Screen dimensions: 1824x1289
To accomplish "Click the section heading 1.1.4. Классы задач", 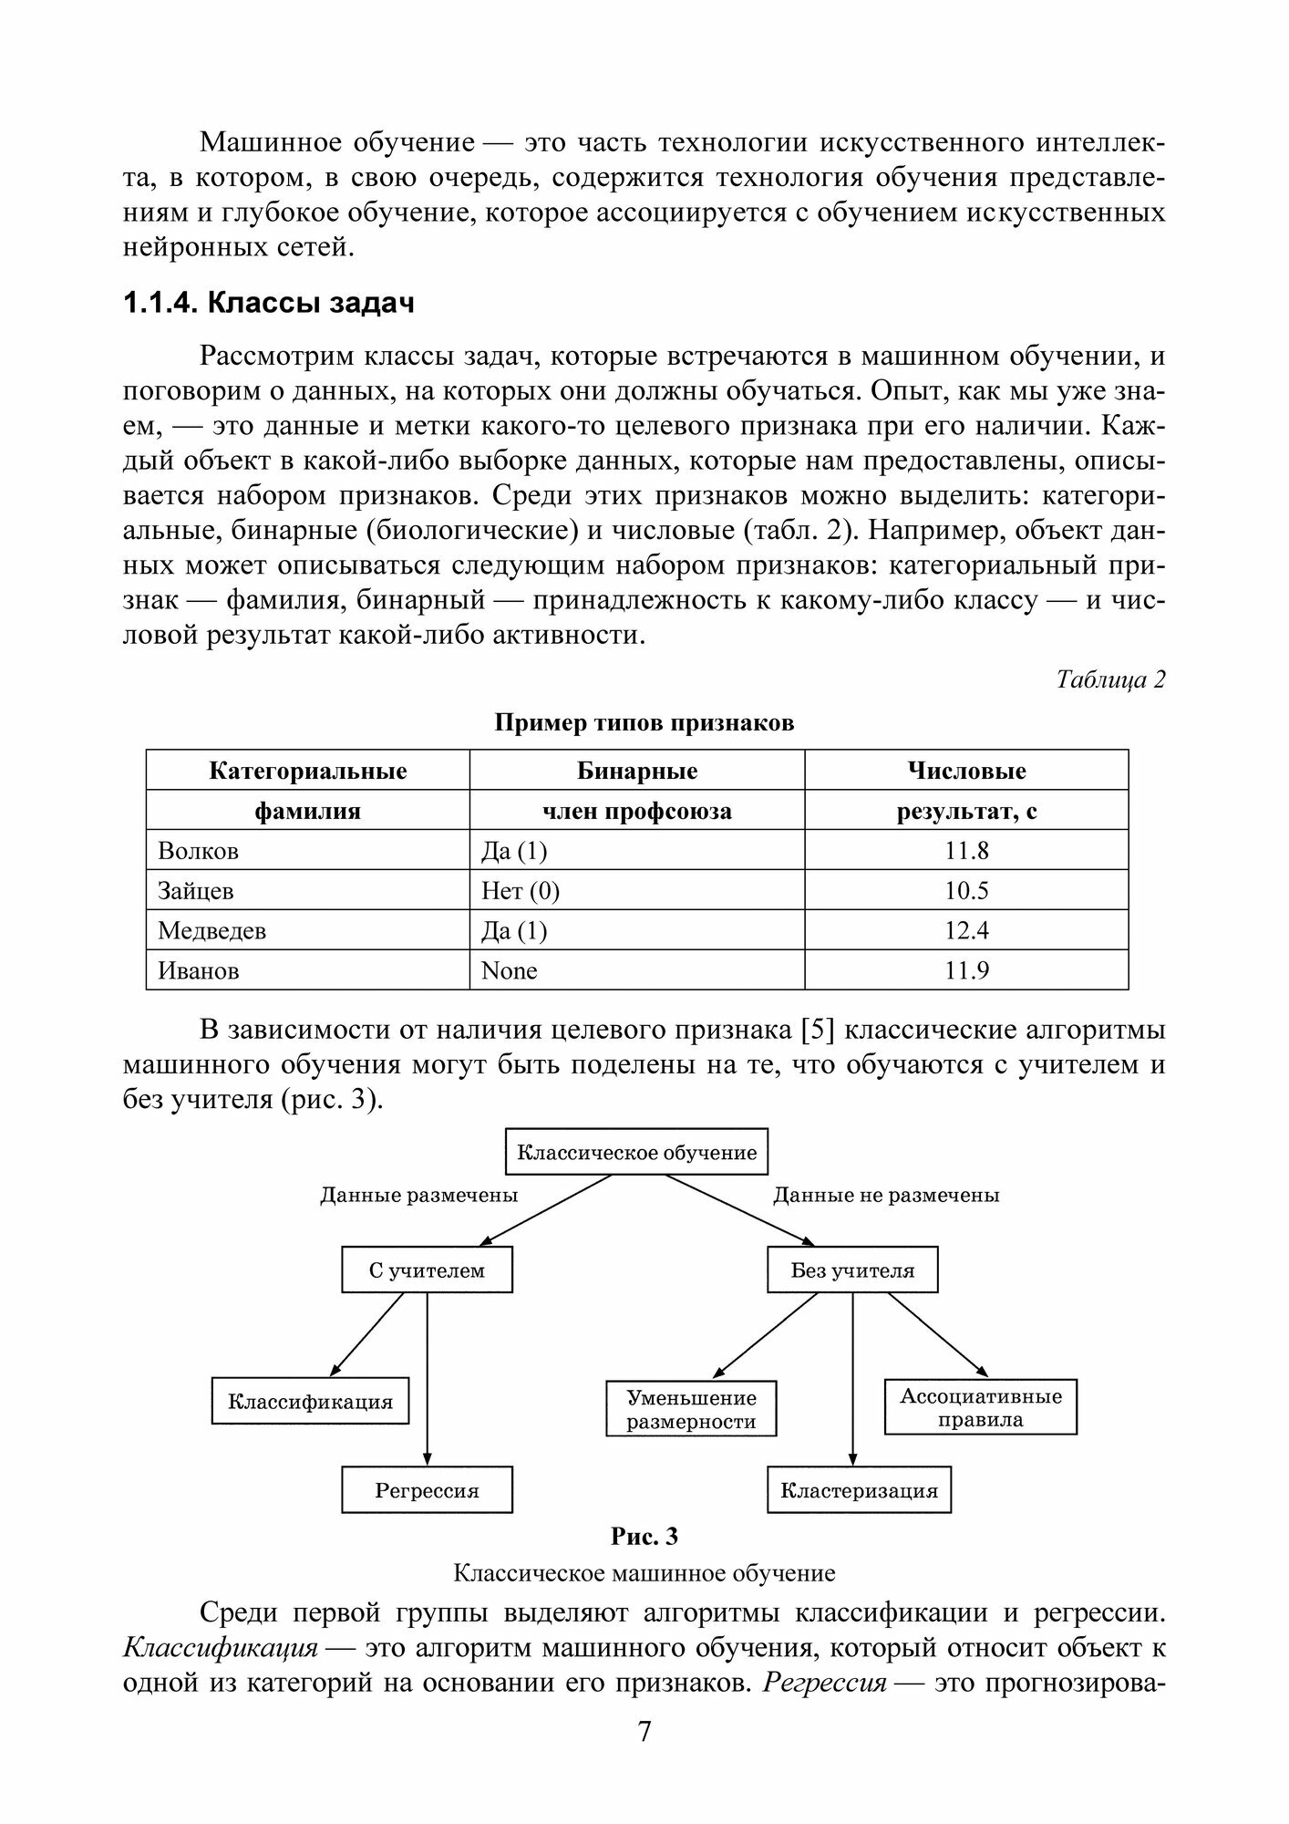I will coord(268,303).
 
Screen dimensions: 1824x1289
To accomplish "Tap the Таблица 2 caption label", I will coord(1110,679).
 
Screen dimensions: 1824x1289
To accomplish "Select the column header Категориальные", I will coord(308,771).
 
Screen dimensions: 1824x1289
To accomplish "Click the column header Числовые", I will coord(966,771).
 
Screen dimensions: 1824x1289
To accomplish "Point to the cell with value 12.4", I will coord(966,931).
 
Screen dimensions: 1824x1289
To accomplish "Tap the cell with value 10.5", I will coord(966,891).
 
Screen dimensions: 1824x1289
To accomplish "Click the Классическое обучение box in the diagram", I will coord(636,1152).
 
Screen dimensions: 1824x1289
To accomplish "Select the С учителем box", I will coord(427,1270).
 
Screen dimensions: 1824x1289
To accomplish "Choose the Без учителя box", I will coord(852,1270).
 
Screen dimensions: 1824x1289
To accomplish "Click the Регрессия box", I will coord(427,1491).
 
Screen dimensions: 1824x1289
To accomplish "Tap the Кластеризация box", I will coord(859,1491).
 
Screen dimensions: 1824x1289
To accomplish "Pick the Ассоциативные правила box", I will coord(981,1408).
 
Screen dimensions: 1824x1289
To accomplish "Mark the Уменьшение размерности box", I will coord(691,1410).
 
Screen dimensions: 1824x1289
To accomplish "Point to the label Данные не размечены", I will coord(886,1195).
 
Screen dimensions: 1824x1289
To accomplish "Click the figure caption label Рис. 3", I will coord(644,1537).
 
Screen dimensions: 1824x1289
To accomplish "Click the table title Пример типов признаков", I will coord(644,723).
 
